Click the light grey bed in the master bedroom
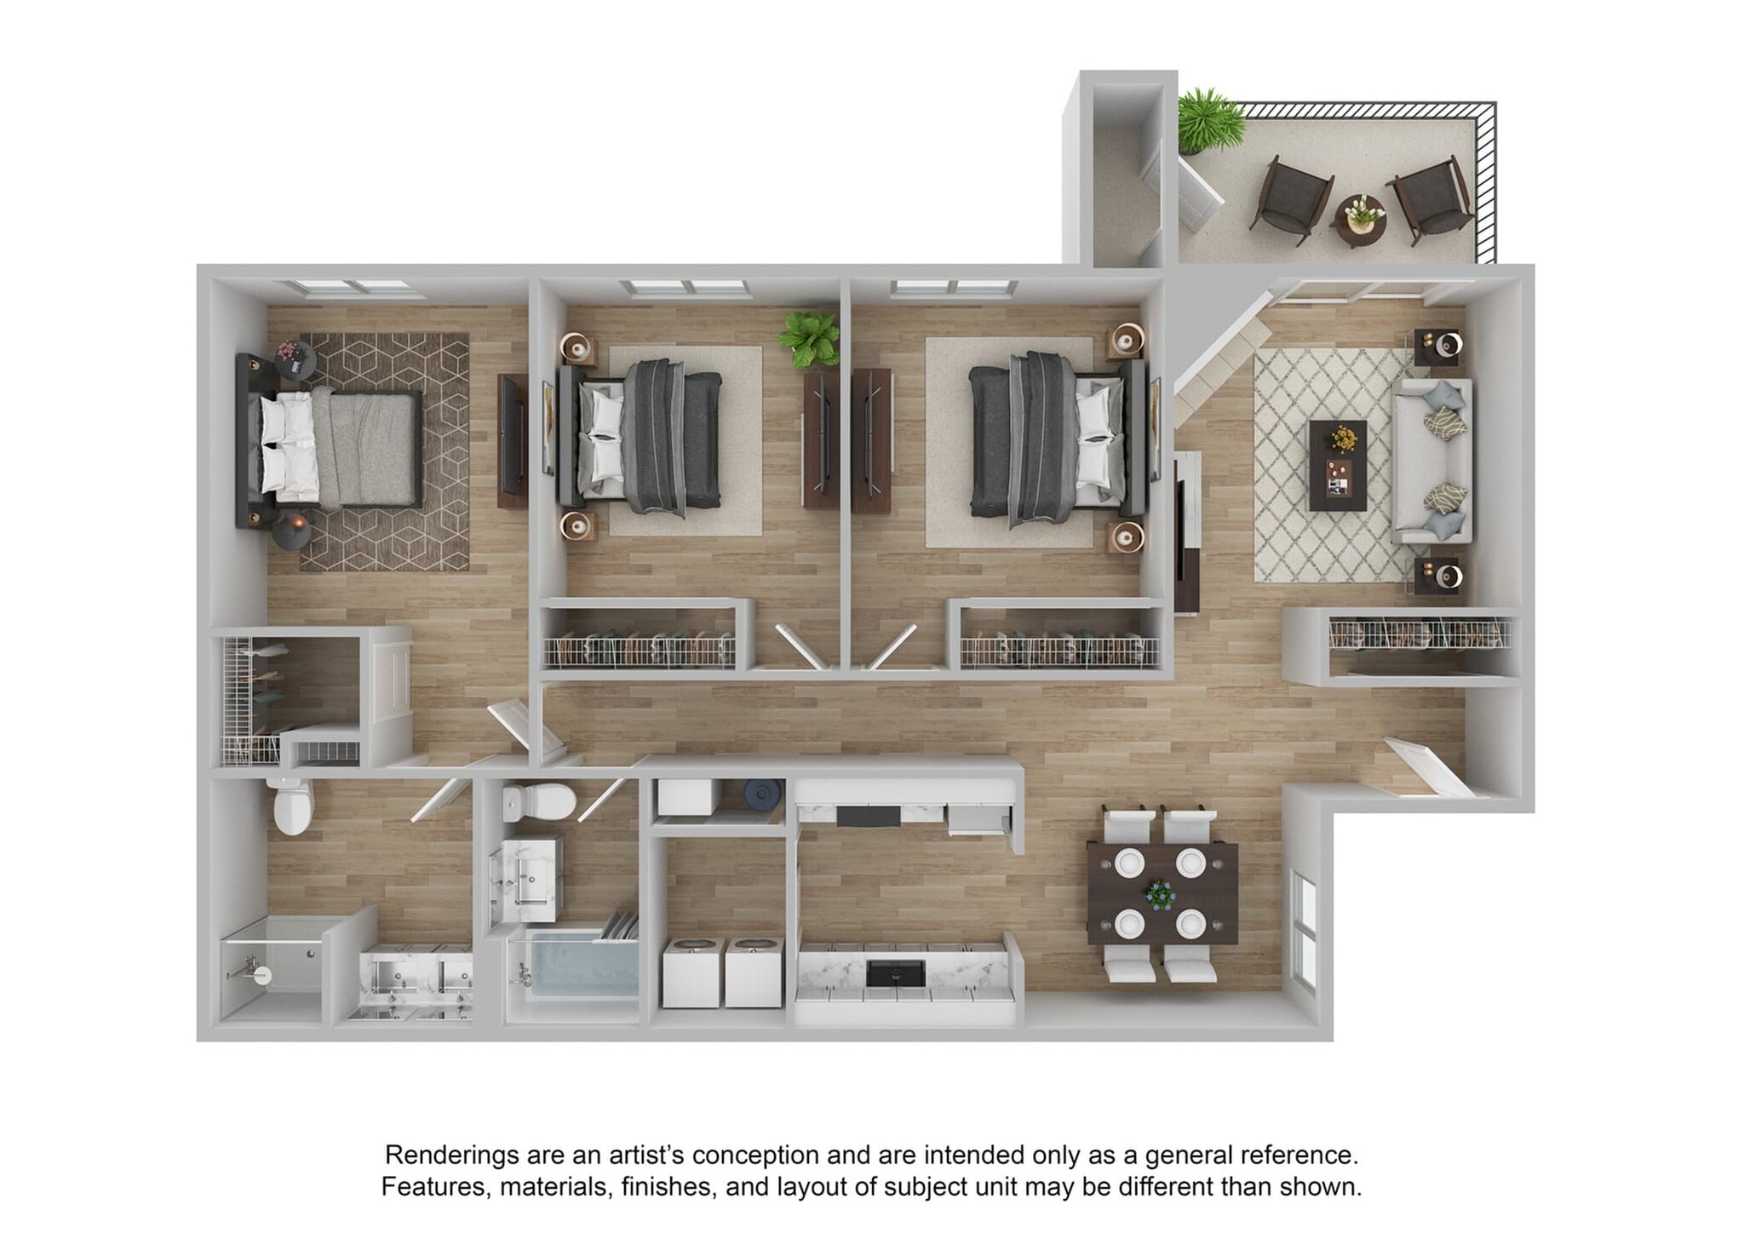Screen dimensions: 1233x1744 (x=341, y=447)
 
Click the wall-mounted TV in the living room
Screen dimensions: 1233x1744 (x=1180, y=536)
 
